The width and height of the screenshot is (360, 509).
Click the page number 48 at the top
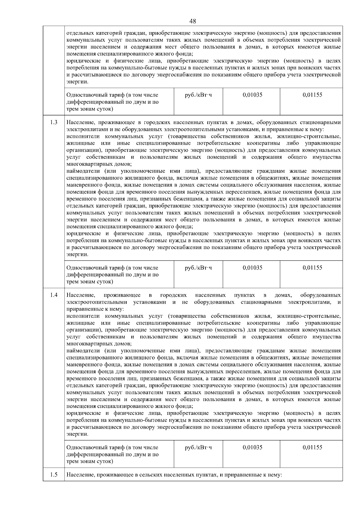pos(193,21)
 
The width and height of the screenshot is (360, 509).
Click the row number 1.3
pos(54,122)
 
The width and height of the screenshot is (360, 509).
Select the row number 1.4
pos(54,295)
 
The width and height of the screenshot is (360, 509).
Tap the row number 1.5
pos(54,475)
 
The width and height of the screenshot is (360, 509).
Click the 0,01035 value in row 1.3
pos(252,268)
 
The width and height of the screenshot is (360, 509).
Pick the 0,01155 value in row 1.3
pos(312,268)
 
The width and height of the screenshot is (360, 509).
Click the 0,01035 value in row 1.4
pos(252,447)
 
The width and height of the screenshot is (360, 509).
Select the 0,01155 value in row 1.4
pos(312,447)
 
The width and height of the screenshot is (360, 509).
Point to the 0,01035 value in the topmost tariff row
pos(252,95)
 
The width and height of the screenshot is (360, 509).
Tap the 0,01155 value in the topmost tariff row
pos(312,95)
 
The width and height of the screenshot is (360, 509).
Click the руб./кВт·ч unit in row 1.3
pos(198,268)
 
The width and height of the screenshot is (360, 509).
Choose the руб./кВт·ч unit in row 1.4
pos(198,447)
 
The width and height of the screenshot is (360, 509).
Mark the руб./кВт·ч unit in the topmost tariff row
pos(198,95)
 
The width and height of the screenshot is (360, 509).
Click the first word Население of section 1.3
pos(80,122)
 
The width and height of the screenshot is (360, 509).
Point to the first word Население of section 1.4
pos(80,295)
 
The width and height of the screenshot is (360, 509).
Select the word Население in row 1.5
pos(80,475)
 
